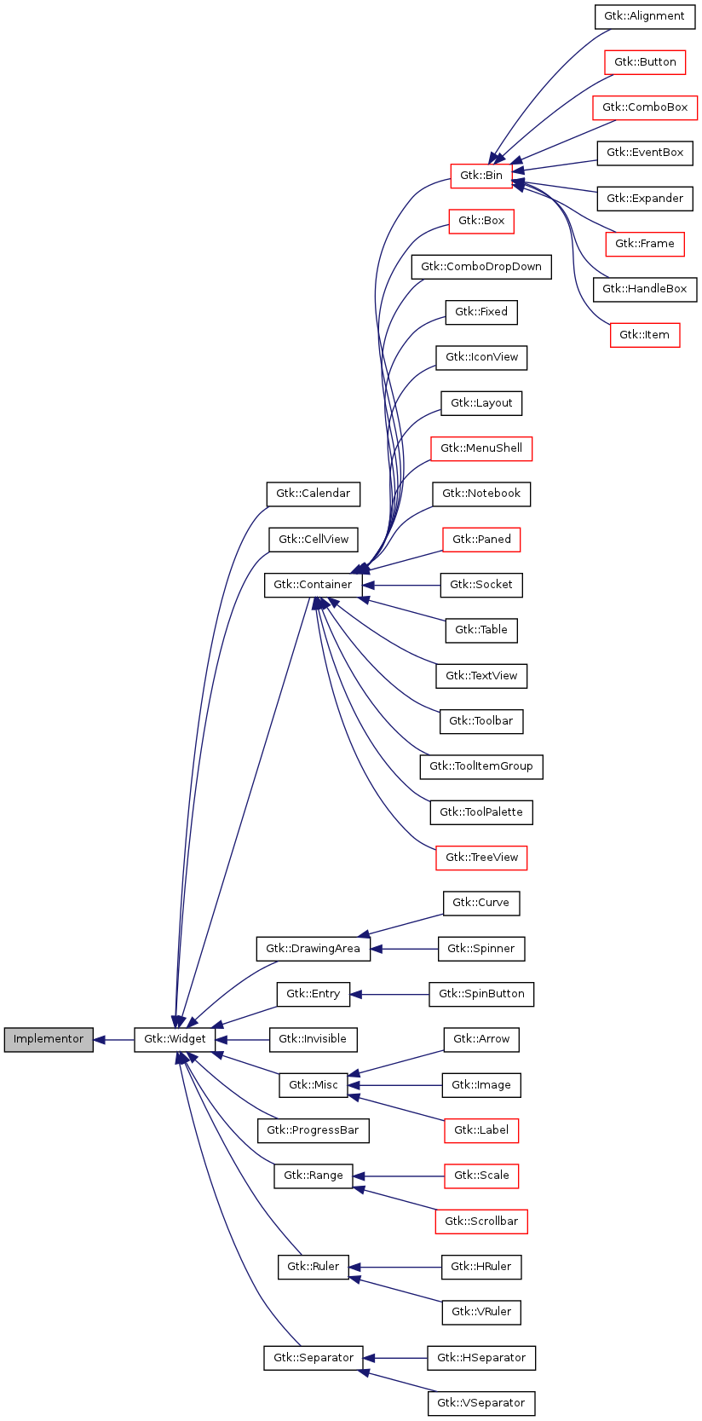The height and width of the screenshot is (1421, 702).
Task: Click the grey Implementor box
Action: point(49,1039)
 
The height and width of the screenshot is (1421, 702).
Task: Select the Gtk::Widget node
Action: point(175,1039)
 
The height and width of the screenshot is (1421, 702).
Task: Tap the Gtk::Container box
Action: point(313,585)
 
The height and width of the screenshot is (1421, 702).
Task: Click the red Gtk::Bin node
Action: point(481,176)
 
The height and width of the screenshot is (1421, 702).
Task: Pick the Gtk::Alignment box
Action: point(645,16)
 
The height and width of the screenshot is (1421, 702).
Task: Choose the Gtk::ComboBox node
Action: point(645,107)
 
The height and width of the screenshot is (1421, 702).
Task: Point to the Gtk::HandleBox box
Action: point(645,289)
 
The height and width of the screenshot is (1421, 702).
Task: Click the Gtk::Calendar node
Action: point(314,494)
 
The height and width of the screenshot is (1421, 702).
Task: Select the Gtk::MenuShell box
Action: point(481,448)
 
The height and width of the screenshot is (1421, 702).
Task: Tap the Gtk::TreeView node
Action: point(481,858)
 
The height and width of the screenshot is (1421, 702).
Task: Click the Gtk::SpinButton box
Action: point(481,994)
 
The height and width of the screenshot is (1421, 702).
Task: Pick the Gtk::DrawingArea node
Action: point(313,949)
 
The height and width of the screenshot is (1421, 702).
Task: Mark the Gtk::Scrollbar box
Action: point(481,1222)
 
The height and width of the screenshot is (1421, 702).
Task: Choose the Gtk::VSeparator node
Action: point(481,1403)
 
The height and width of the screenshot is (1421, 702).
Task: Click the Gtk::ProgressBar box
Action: point(313,1130)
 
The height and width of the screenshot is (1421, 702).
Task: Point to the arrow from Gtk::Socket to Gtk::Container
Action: point(401,586)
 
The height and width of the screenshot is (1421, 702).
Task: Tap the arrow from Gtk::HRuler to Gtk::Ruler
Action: point(395,1268)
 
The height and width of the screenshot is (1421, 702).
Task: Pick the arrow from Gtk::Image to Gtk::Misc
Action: point(395,1085)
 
